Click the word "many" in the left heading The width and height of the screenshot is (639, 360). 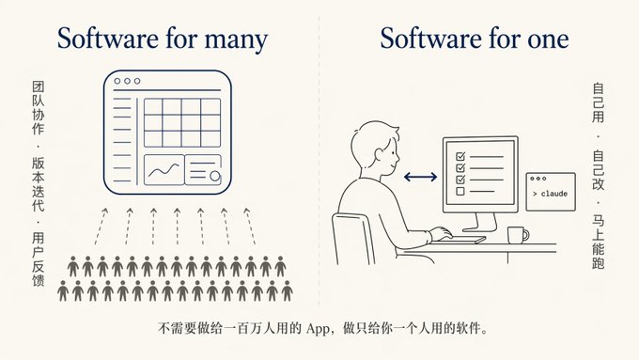236,39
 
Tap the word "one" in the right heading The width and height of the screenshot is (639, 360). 548,39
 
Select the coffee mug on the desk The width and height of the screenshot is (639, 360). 518,235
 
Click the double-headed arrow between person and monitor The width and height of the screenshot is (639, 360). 420,177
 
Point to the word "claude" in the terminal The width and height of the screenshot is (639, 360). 553,194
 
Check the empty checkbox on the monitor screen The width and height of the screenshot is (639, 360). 460,191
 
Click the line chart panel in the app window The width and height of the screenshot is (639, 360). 164,170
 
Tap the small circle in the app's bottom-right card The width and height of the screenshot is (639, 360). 215,176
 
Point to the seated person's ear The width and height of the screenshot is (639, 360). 379,155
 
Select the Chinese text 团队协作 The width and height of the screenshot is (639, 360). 39,108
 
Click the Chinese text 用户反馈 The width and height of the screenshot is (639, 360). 39,259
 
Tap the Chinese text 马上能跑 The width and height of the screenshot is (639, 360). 598,243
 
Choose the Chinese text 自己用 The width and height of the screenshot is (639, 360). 598,103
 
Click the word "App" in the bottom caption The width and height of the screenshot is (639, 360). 318,329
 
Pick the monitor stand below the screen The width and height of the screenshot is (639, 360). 480,223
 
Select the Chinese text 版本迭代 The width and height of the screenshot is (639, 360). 39,184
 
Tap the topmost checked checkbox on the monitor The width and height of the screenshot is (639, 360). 460,156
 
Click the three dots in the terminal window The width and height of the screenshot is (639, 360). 538,179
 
